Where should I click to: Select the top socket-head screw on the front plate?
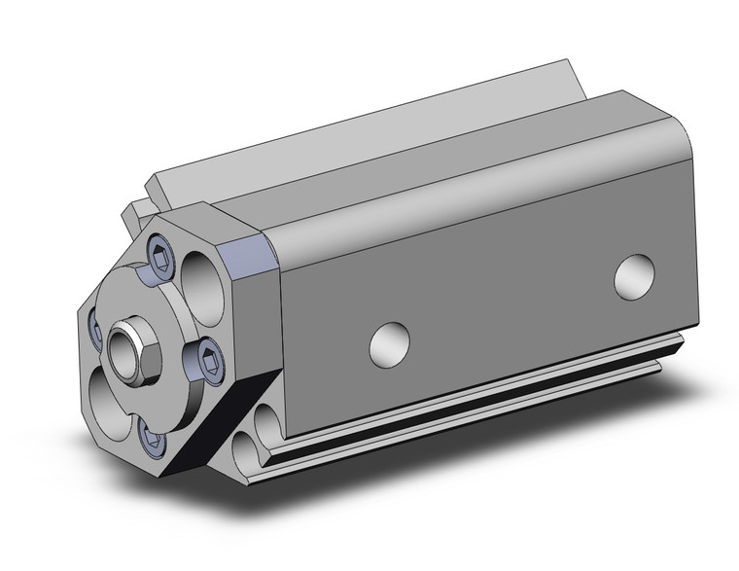point(159,258)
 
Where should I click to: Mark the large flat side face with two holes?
point(486,292)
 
